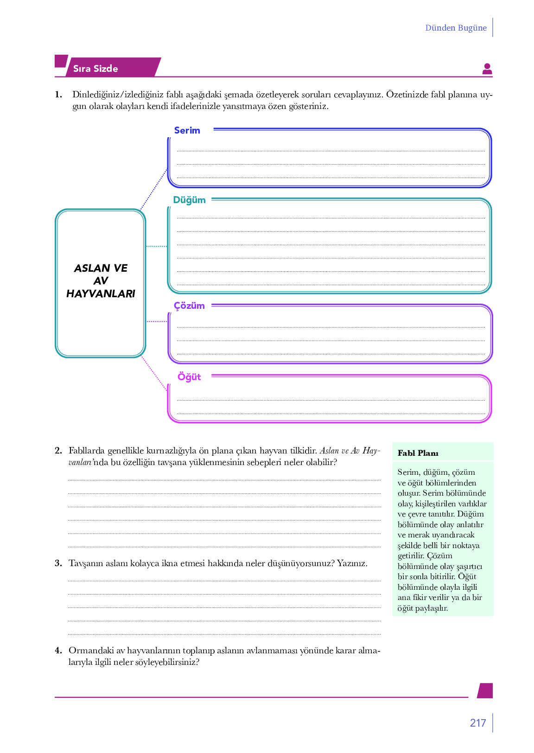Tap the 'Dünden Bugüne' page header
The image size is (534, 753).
pyautogui.click(x=456, y=28)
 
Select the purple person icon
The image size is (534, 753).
pyautogui.click(x=487, y=69)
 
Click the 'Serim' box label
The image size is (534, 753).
pyautogui.click(x=187, y=130)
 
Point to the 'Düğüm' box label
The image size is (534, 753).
pyautogui.click(x=189, y=200)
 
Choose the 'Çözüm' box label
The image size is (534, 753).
pyautogui.click(x=189, y=306)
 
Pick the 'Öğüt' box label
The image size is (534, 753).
pyautogui.click(x=189, y=376)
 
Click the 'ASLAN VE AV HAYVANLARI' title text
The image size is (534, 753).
pyautogui.click(x=101, y=281)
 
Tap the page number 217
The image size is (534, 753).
pyautogui.click(x=477, y=723)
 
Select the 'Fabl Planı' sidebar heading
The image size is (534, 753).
pyautogui.click(x=418, y=453)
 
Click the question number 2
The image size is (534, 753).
pyautogui.click(x=58, y=450)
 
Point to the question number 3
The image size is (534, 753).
pyautogui.click(x=58, y=563)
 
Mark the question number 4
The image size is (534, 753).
pyautogui.click(x=58, y=651)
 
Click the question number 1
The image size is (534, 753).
pyautogui.click(x=58, y=95)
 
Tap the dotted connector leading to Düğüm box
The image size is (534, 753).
pyautogui.click(x=157, y=246)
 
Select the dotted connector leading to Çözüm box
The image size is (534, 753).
pyautogui.click(x=157, y=321)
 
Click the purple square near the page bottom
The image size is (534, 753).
pyautogui.click(x=485, y=690)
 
